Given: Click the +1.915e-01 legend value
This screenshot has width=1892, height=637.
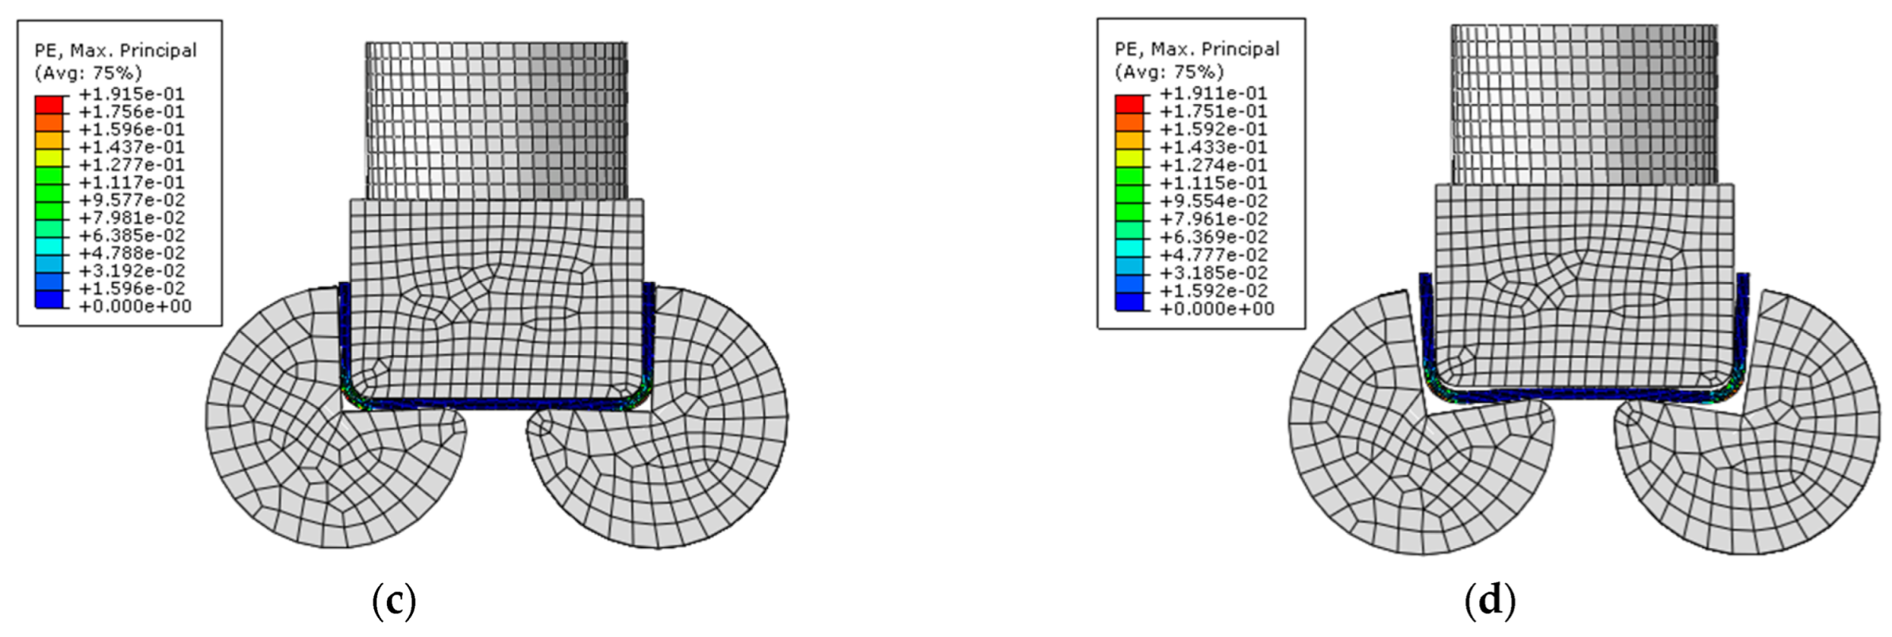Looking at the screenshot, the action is (132, 94).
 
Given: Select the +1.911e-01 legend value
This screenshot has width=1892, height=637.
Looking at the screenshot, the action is (1213, 93).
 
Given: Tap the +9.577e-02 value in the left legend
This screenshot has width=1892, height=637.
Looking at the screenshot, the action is (132, 200).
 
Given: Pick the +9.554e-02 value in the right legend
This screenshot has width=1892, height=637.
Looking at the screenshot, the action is (1213, 201).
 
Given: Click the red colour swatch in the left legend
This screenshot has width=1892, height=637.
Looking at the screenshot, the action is (48, 105).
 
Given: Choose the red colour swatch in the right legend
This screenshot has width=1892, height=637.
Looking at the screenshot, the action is (1129, 104).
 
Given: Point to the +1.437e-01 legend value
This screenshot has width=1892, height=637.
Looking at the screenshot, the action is (132, 147).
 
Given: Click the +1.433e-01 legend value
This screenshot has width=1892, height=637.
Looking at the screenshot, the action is (1213, 147).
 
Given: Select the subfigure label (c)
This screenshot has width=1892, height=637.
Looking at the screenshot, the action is (394, 601).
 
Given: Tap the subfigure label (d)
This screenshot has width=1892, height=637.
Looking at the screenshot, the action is (1490, 601).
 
